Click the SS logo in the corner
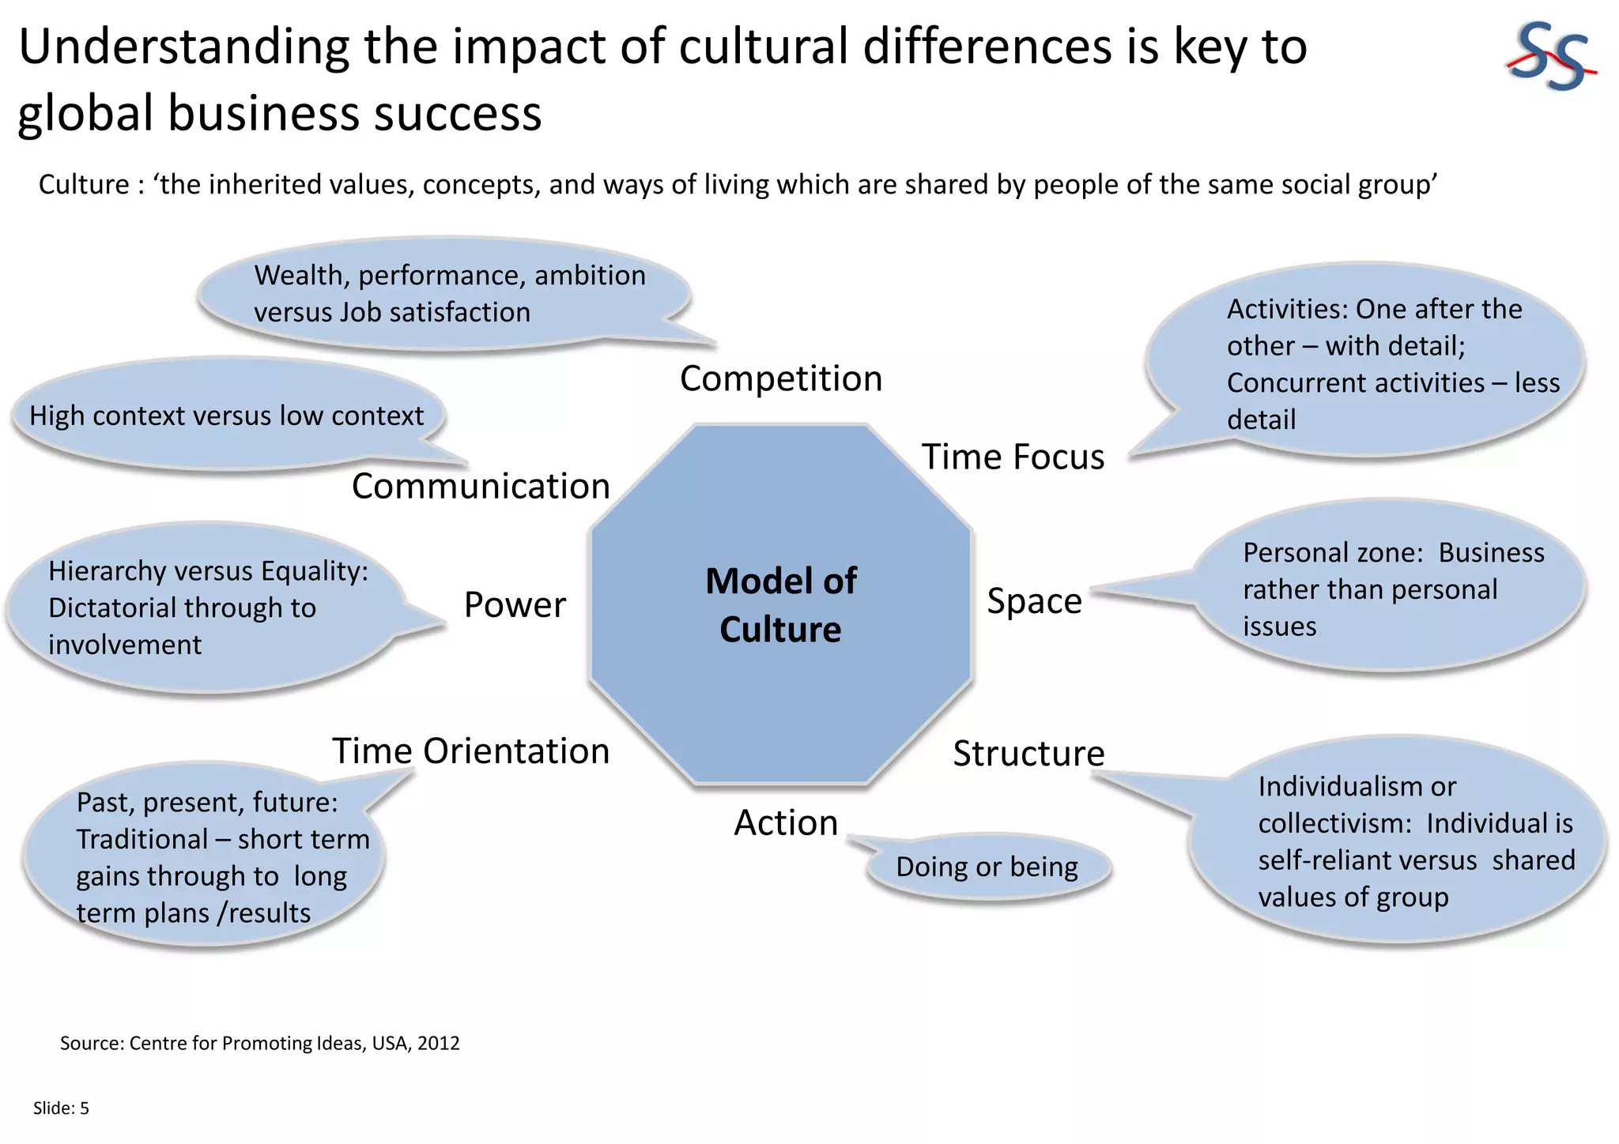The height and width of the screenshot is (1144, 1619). click(1549, 57)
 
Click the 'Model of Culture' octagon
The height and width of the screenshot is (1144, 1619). click(781, 605)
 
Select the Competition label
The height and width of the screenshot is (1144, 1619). click(781, 378)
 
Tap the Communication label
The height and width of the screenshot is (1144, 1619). click(481, 486)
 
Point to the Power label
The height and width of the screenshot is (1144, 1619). click(515, 605)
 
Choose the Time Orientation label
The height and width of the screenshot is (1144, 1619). click(470, 751)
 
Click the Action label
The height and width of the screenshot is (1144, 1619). click(786, 823)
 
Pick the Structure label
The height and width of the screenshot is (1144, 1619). click(1028, 754)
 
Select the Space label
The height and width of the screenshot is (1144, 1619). click(1034, 601)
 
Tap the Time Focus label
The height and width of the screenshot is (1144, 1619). click(1013, 457)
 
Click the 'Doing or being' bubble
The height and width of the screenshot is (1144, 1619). click(987, 867)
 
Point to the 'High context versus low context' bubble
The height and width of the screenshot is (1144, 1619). click(227, 416)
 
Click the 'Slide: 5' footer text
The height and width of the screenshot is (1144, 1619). click(61, 1108)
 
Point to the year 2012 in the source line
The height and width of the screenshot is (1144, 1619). click(439, 1043)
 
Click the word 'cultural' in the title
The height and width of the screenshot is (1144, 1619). click(764, 47)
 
